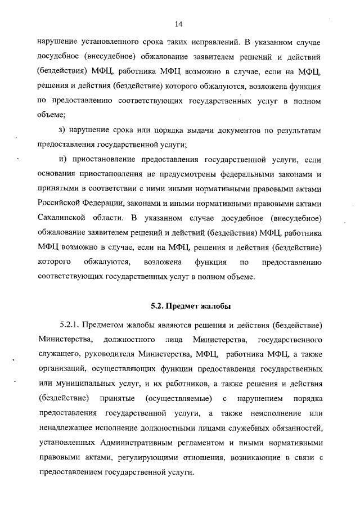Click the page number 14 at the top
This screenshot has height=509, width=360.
click(x=179, y=24)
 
